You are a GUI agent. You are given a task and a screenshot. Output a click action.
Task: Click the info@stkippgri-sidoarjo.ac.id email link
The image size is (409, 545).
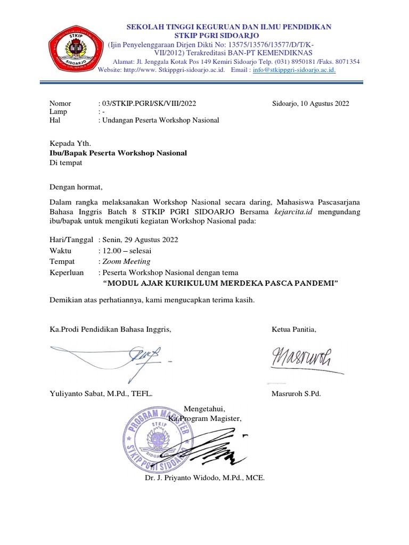pos(294,70)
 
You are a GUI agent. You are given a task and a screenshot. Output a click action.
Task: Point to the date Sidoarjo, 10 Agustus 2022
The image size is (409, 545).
pos(310,104)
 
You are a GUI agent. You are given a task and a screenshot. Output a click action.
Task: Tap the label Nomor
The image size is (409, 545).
pos(60,104)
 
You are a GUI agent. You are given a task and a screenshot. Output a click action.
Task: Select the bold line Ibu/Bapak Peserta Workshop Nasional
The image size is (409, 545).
pos(118,153)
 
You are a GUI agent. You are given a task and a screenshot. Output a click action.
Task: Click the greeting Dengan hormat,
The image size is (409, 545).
pos(75,187)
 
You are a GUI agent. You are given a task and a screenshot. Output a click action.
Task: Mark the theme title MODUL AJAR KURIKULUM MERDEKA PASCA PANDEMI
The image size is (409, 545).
pos(220,283)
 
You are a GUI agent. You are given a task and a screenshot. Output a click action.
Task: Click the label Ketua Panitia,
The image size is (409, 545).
pos(294,329)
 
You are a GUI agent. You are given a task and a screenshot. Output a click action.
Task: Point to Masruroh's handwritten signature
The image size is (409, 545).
pos(301,360)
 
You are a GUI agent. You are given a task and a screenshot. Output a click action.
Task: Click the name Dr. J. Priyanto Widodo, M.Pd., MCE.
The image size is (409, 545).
pos(204,477)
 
